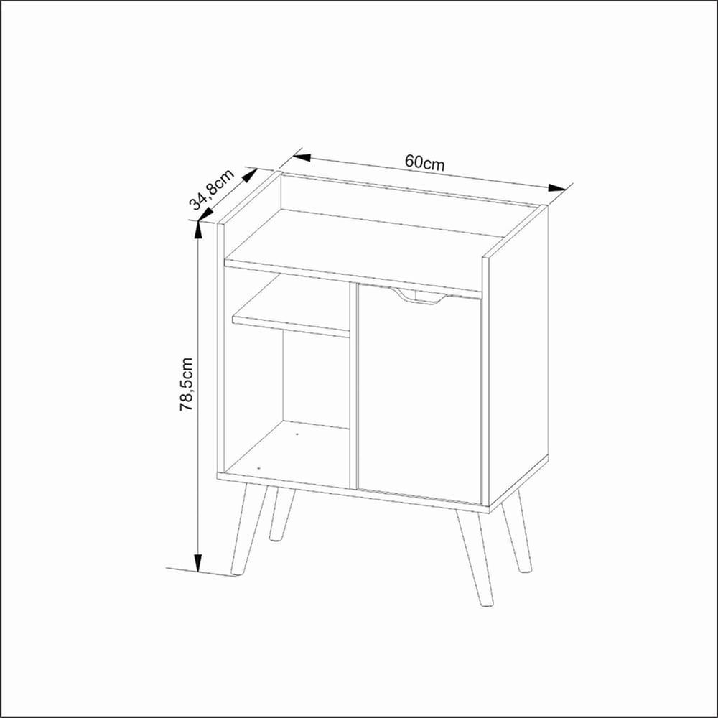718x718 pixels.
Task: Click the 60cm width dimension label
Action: point(424,162)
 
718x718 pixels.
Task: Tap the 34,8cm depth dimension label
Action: point(213,190)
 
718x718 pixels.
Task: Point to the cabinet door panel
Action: point(419,393)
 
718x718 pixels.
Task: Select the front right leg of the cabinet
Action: point(475,558)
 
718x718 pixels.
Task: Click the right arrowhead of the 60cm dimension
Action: point(557,187)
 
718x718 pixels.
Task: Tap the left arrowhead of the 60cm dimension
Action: point(302,157)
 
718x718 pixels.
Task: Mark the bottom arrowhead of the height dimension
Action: point(198,563)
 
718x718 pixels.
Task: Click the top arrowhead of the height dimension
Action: point(198,230)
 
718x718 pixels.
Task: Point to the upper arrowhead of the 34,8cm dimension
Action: point(250,175)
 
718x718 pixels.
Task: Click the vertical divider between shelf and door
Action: point(353,386)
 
